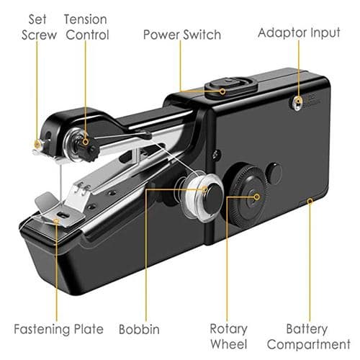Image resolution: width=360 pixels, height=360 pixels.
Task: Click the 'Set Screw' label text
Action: tap(39, 27)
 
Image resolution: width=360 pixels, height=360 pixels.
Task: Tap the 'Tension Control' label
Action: tap(86, 27)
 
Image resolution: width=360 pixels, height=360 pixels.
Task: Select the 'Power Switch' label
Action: tap(182, 35)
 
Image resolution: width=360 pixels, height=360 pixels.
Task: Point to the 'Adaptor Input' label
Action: tap(299, 33)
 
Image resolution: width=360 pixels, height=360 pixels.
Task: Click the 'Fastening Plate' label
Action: tap(58, 329)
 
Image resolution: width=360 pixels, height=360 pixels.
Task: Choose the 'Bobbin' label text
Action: tap(139, 329)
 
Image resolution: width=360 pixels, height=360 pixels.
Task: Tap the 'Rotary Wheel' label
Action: tap(229, 336)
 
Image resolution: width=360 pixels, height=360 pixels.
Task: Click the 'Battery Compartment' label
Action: tap(309, 336)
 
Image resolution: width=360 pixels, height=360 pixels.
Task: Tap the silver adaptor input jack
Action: tap(298, 103)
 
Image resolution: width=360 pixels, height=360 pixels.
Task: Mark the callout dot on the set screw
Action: tap(37, 144)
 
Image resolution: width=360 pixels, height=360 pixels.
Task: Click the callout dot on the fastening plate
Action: tap(57, 220)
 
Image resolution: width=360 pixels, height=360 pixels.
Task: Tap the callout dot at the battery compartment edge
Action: tap(310, 201)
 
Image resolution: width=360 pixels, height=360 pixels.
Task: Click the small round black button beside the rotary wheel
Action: tap(274, 174)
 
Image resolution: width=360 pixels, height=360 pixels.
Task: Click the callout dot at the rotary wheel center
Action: tap(256, 197)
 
